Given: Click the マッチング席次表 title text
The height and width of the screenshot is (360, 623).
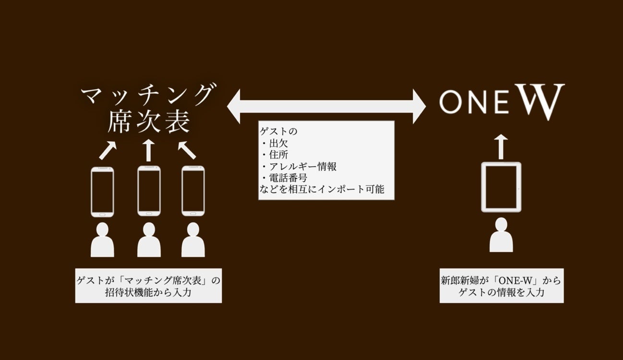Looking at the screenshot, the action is (147, 108).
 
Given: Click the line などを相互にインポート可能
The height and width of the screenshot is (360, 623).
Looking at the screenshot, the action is (322, 190).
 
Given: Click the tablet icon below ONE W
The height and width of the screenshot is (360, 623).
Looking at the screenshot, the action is (501, 187).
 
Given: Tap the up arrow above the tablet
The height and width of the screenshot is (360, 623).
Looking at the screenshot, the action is (501, 146).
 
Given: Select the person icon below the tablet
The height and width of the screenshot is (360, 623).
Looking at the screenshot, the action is (501, 235).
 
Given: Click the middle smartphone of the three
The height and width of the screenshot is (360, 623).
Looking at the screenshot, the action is (148, 191).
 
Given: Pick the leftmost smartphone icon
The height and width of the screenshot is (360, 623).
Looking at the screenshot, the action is (102, 191).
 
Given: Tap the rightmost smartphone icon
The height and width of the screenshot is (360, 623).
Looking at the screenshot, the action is (193, 191).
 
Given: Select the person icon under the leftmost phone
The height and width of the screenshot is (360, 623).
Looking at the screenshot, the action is (102, 240).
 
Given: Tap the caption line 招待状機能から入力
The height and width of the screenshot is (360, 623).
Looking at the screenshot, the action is (148, 292).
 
